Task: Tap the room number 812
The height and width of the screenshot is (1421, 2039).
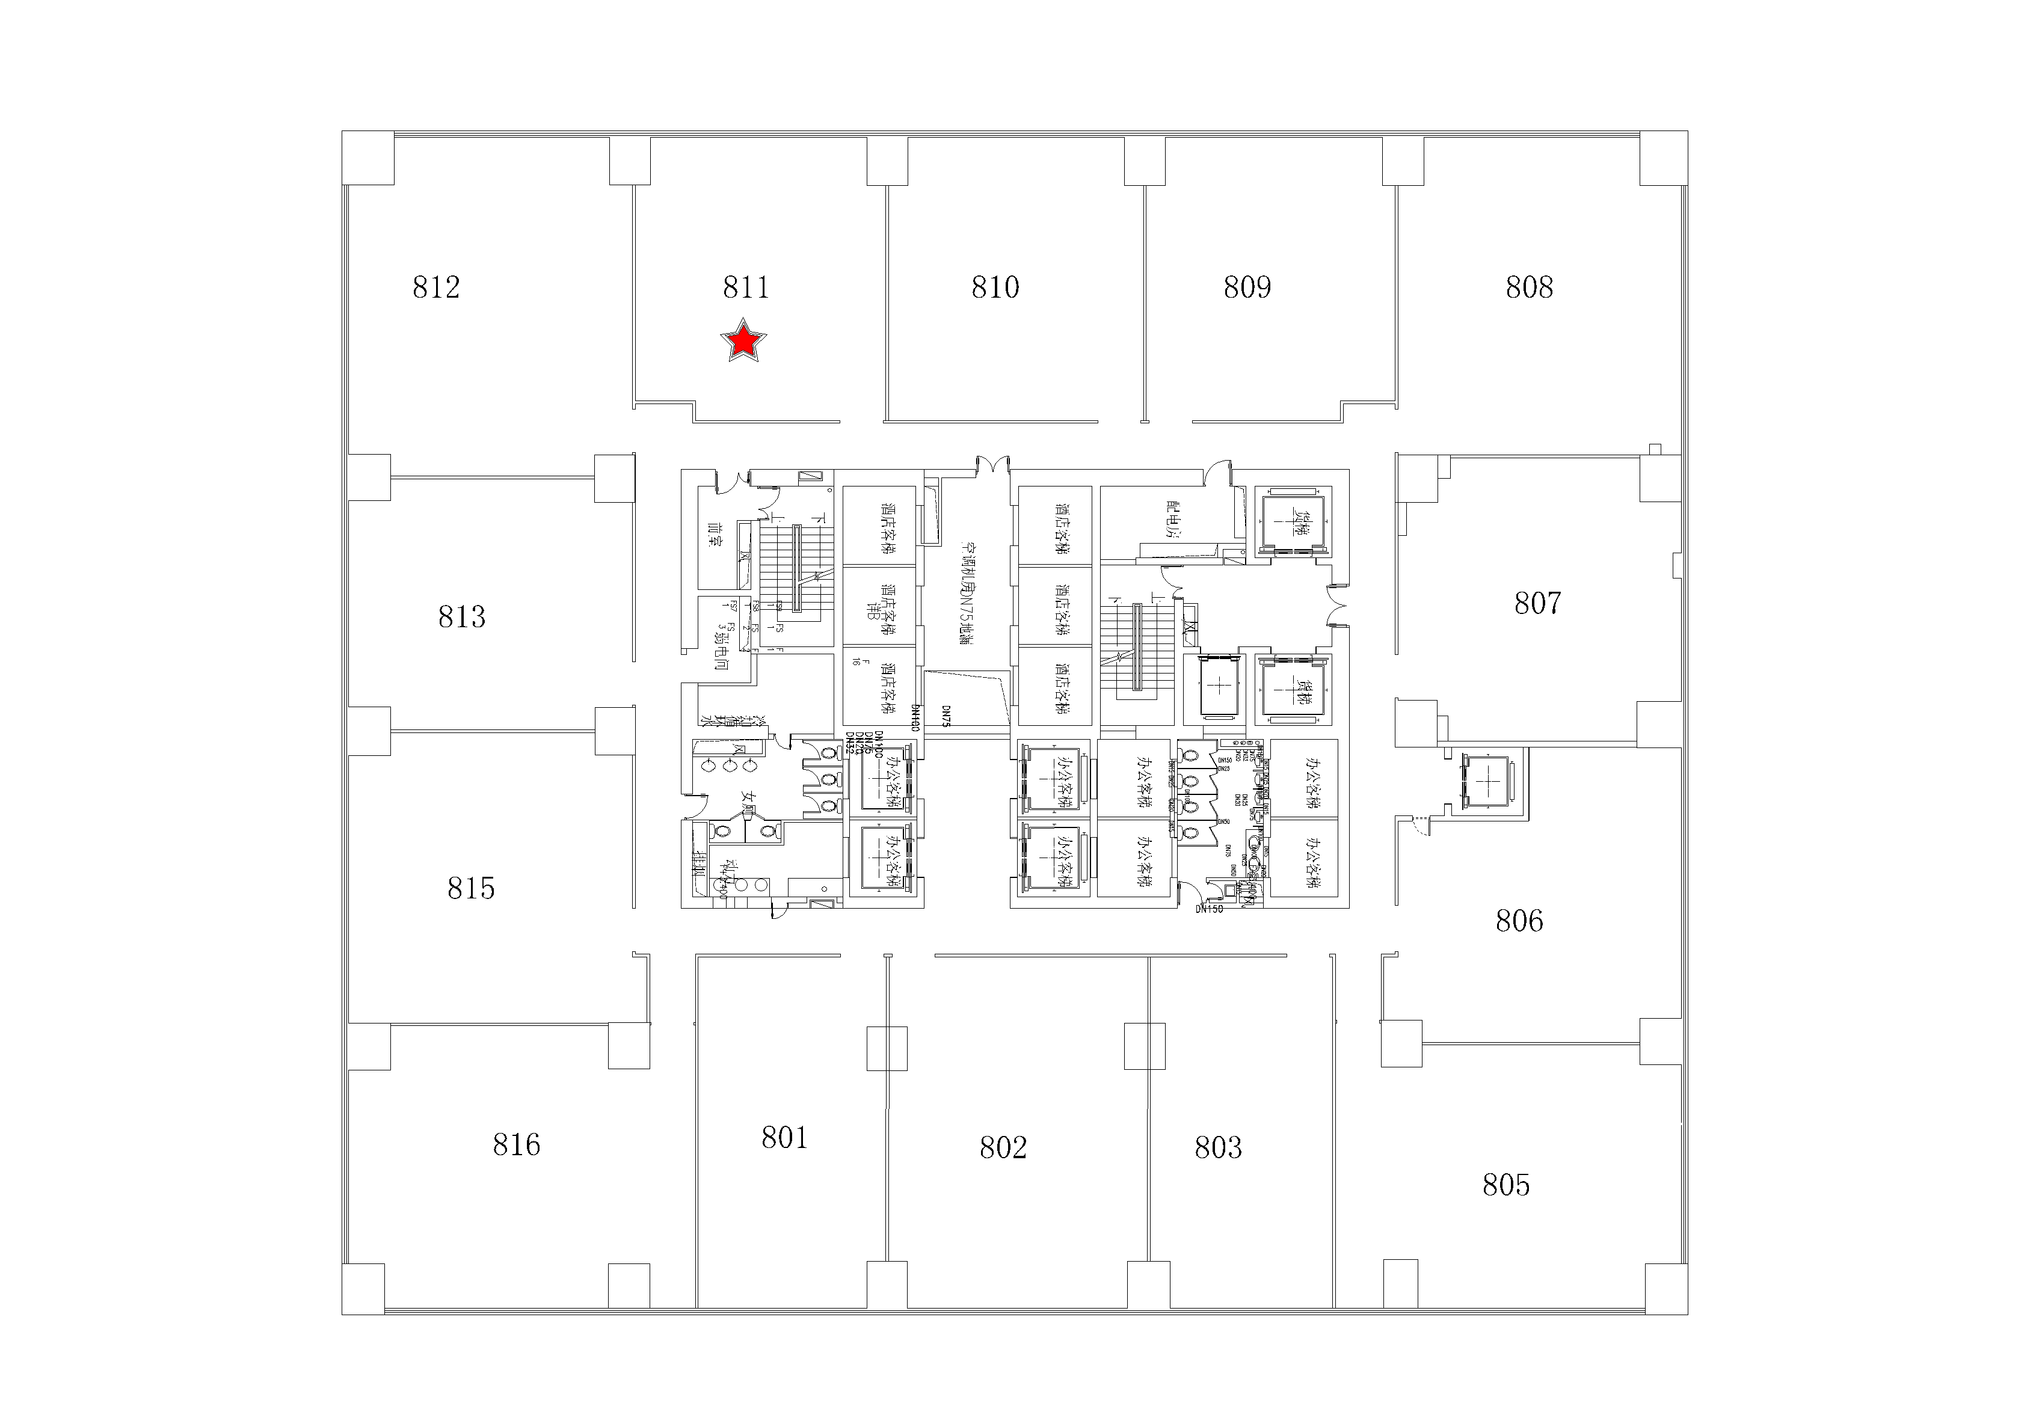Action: (x=436, y=287)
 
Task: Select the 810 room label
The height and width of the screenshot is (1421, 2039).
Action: (x=995, y=287)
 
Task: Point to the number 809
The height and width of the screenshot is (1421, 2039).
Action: (x=1247, y=287)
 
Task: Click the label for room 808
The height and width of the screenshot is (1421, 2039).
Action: (x=1528, y=287)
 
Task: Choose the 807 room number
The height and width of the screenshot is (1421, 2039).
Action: (x=1537, y=603)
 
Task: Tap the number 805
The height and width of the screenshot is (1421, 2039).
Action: (x=1505, y=1185)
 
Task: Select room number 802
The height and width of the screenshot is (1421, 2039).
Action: (x=1003, y=1147)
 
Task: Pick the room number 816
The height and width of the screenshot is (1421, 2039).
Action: (x=516, y=1144)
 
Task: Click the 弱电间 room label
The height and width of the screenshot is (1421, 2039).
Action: (x=721, y=649)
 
